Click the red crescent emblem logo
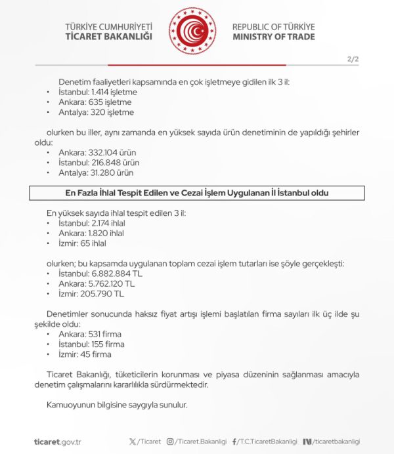click(x=192, y=31)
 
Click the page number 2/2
click(x=353, y=59)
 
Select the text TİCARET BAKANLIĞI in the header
click(x=108, y=37)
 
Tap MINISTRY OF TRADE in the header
click(x=273, y=37)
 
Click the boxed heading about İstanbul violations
click(x=197, y=193)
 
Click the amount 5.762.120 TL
click(x=112, y=284)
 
